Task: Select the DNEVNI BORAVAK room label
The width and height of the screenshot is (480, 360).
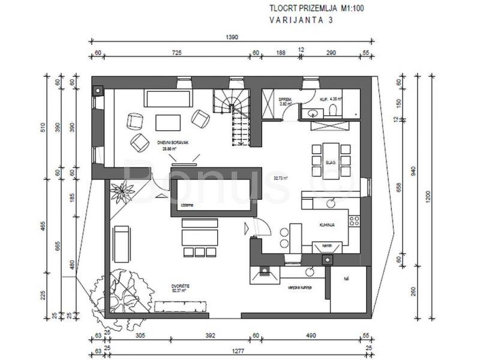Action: (170, 142)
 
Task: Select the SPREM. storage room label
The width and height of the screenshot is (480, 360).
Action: (285, 99)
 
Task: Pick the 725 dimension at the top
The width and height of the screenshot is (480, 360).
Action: (176, 53)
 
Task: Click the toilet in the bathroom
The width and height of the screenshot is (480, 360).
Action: (331, 109)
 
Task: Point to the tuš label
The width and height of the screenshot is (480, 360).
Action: (346, 278)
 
